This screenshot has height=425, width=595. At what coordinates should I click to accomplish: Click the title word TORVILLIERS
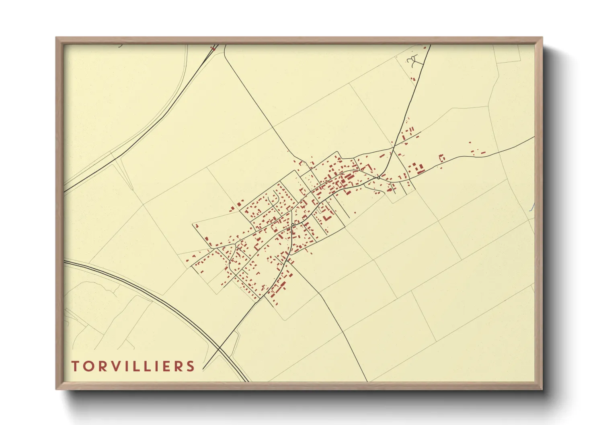[x=133, y=366]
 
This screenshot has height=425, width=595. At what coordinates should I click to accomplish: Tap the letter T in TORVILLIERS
[x=75, y=366]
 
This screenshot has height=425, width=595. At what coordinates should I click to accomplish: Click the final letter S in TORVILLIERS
[x=191, y=366]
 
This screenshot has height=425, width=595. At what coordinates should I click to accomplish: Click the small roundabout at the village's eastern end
[x=379, y=178]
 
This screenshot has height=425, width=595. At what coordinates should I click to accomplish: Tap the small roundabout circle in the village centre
[x=293, y=225]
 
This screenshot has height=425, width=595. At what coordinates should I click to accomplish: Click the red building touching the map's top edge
[x=213, y=49]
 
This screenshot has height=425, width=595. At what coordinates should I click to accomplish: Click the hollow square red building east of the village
[x=441, y=157]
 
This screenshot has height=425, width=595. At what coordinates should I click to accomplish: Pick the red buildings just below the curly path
[x=412, y=79]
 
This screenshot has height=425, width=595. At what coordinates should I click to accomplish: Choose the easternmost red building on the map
[x=483, y=153]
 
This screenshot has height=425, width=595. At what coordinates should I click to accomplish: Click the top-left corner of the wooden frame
[x=56, y=38]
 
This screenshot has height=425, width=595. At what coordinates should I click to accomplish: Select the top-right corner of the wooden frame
[x=542, y=38]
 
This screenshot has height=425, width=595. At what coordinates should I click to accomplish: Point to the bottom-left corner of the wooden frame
[x=56, y=389]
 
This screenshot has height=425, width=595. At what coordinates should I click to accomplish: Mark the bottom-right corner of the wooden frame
[x=542, y=389]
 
